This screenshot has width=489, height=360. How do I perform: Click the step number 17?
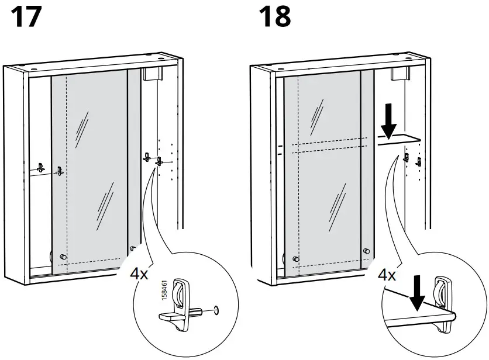(x=27, y=17)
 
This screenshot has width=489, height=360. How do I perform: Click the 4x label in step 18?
(x=387, y=274)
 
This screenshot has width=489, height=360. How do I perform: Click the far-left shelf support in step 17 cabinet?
(x=40, y=167)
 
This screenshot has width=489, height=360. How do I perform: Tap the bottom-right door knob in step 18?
(x=367, y=251)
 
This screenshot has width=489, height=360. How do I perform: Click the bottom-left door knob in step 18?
(x=295, y=258)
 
